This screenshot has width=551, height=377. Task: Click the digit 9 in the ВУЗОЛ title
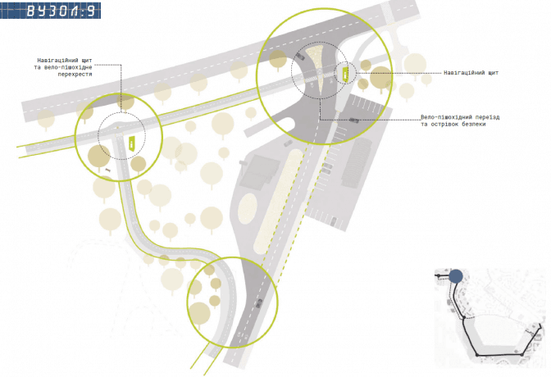91,11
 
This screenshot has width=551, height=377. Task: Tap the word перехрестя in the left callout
75,75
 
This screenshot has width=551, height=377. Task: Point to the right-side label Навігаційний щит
471,73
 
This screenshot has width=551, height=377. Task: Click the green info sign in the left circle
131,143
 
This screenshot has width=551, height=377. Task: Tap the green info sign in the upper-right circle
345,74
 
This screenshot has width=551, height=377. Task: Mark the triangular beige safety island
318,67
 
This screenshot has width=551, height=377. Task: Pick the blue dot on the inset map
456,276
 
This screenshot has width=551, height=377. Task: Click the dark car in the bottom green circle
259,303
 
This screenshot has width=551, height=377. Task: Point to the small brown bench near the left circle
108,170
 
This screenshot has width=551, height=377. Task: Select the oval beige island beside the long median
248,208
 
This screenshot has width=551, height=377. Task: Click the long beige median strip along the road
278,200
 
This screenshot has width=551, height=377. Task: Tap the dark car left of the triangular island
300,57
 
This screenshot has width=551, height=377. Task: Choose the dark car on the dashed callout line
354,120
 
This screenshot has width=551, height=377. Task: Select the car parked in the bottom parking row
333,221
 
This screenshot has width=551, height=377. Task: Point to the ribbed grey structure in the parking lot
357,162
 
